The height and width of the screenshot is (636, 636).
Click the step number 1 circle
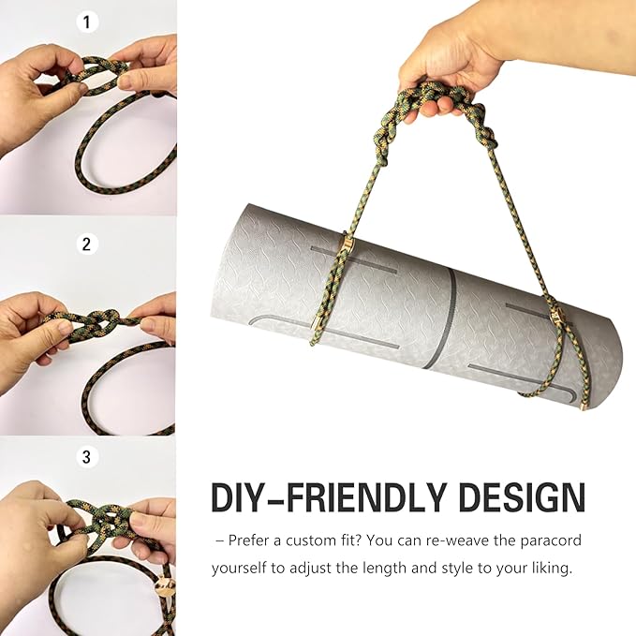pos(88,20)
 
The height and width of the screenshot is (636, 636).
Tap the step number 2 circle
pos(88,244)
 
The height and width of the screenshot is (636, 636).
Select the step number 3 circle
pos(88,457)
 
